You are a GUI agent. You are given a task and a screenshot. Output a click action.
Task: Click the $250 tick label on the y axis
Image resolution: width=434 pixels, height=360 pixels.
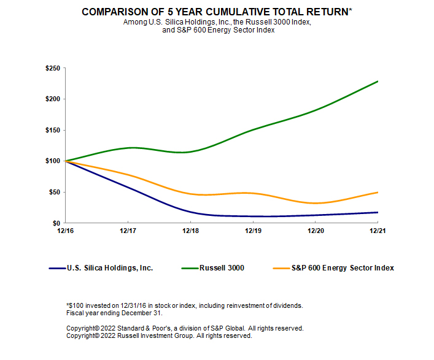pyautogui.click(x=52, y=68)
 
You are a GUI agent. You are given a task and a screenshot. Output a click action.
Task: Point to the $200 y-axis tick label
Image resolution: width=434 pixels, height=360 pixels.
pyautogui.click(x=52, y=99)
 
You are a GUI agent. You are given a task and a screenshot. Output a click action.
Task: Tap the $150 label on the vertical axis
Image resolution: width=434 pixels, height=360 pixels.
pyautogui.click(x=52, y=130)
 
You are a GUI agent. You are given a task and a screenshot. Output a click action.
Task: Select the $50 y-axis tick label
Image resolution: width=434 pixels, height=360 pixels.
pyautogui.click(x=54, y=192)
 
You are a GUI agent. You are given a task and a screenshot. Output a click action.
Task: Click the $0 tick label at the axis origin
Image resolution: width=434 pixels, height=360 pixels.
pyautogui.click(x=56, y=223)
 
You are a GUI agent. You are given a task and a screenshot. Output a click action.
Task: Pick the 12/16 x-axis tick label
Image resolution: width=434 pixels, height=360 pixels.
pyautogui.click(x=65, y=231)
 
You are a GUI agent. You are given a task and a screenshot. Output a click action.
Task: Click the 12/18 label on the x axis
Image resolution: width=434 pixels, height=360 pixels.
pyautogui.click(x=190, y=231)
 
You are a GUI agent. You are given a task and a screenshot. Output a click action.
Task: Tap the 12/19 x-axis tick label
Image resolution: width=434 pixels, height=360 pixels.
pyautogui.click(x=253, y=231)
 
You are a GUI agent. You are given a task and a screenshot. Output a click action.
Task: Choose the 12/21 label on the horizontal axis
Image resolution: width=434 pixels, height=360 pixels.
pyautogui.click(x=378, y=231)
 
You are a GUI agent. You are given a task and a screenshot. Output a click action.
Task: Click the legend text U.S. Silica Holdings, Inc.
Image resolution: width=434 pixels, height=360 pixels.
pyautogui.click(x=110, y=268)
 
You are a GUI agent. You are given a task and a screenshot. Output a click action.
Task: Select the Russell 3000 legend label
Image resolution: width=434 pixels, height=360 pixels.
pyautogui.click(x=222, y=268)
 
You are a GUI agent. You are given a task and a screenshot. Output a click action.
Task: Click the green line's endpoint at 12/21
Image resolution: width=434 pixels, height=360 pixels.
pyautogui.click(x=378, y=81)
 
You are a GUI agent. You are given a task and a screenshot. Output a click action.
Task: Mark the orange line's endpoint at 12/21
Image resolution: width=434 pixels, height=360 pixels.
pyautogui.click(x=378, y=192)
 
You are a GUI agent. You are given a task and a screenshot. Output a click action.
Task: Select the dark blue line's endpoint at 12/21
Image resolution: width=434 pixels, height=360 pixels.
pyautogui.click(x=378, y=212)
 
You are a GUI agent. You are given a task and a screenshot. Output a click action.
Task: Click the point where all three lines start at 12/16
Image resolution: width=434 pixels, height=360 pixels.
pyautogui.click(x=65, y=161)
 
